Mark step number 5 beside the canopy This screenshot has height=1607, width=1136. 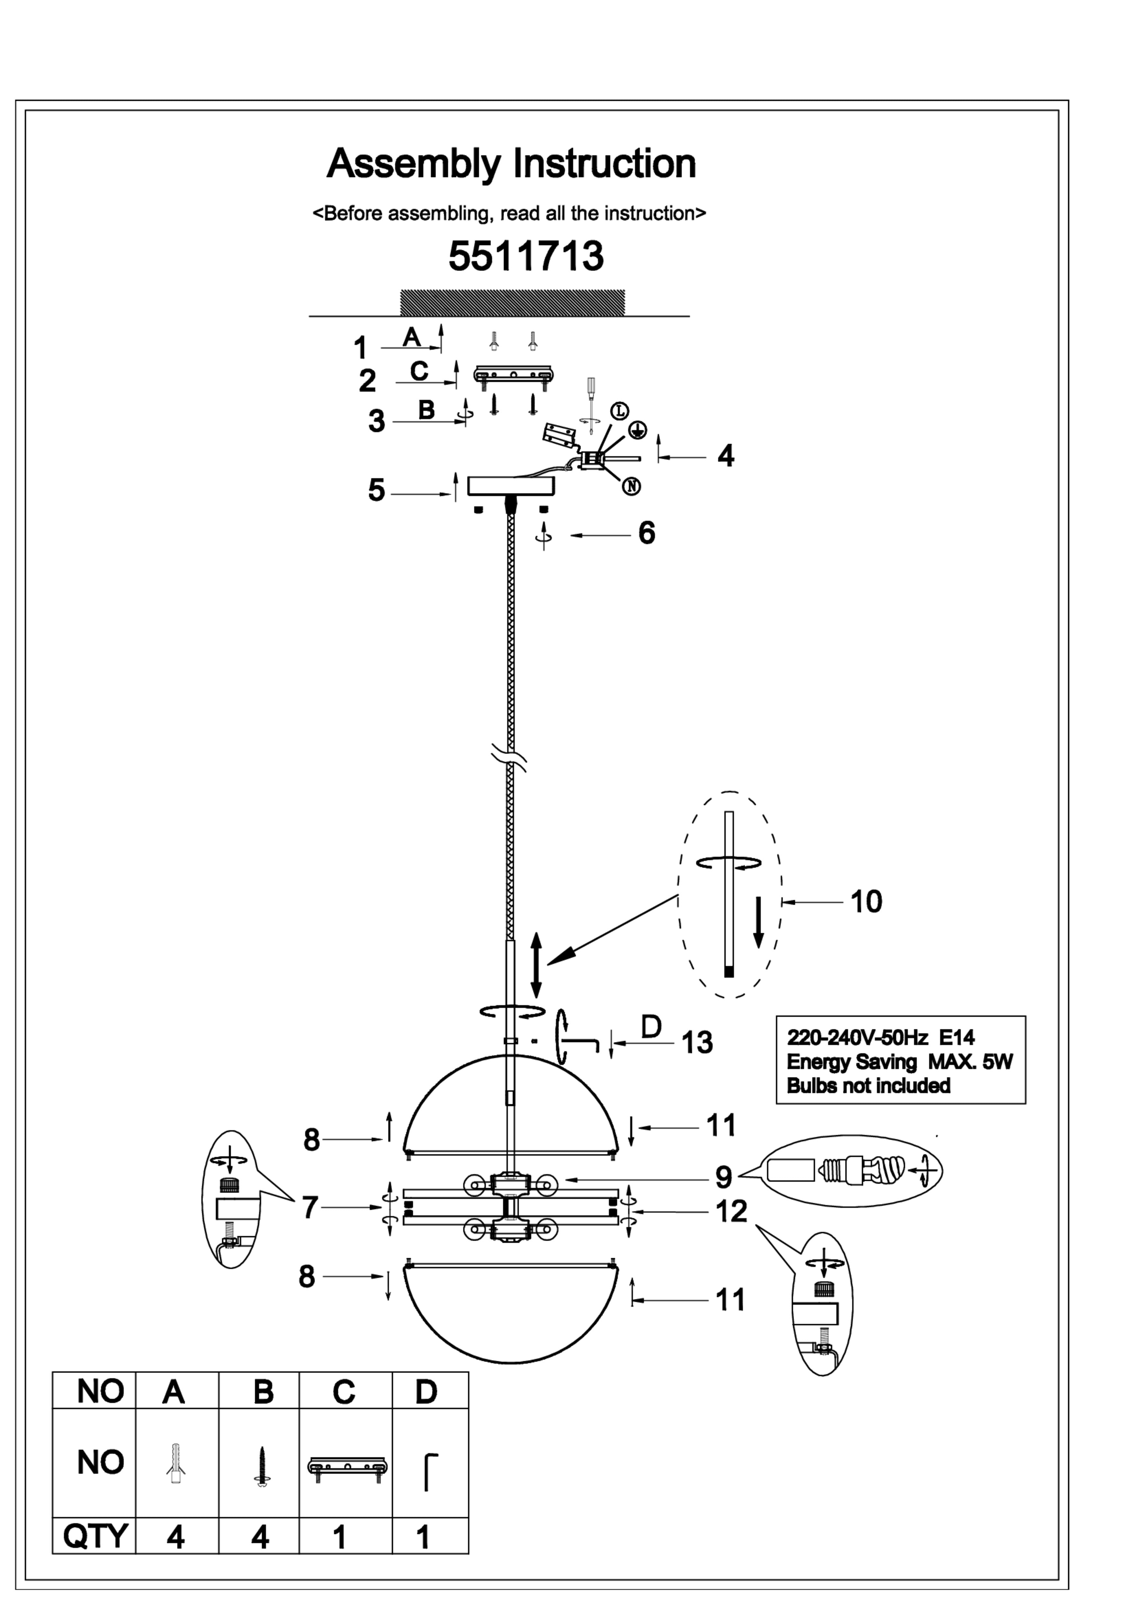pyautogui.click(x=376, y=490)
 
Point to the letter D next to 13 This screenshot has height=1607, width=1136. pyautogui.click(x=651, y=1026)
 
